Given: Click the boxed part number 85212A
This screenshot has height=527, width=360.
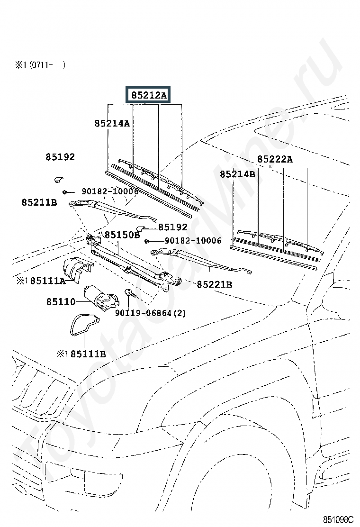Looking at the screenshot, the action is click(148, 95).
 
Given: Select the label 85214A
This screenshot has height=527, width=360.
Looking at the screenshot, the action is click(112, 123).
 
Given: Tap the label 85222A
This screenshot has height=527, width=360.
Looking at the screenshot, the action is click(275, 159).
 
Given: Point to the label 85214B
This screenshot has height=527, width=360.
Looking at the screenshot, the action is click(238, 174).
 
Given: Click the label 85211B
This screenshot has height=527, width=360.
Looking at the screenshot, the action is click(39, 202).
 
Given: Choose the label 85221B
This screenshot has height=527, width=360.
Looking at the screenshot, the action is click(215, 284).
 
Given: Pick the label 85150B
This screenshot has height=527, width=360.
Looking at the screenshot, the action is click(122, 235).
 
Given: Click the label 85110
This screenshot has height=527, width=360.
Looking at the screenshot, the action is click(61, 302).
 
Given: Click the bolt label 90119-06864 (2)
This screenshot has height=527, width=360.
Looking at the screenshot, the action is click(151, 313).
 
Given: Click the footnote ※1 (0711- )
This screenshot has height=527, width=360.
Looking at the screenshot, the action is click(40, 65).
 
